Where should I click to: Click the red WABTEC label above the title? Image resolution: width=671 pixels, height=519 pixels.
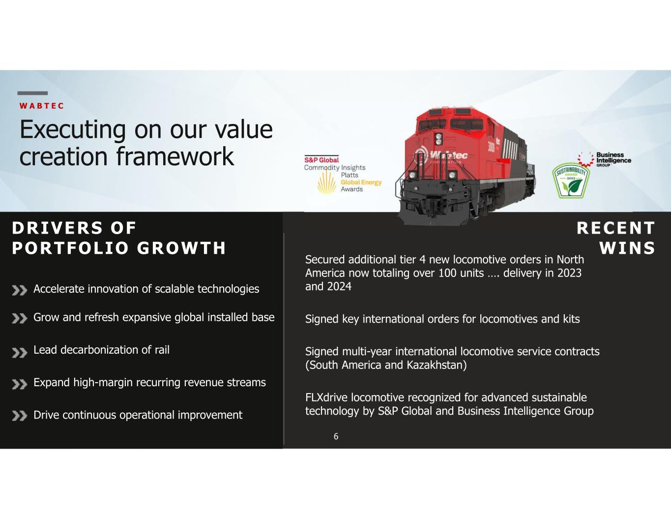41,106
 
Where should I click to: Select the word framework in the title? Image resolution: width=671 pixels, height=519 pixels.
175,156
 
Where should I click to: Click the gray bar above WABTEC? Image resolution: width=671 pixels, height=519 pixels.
32,93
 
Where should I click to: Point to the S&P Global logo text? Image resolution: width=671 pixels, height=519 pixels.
321,160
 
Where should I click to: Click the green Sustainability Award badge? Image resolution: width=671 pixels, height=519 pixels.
571,181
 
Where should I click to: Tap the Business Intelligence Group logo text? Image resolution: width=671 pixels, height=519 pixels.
613,159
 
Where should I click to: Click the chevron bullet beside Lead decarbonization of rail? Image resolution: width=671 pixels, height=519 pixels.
20,353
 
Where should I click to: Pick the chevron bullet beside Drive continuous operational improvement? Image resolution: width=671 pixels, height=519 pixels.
20,416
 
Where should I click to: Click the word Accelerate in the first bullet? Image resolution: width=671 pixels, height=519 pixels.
58,289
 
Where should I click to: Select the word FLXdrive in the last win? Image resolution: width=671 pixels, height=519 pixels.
326,397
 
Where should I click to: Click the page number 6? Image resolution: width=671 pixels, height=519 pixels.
336,436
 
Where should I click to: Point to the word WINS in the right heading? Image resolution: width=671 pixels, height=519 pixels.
627,248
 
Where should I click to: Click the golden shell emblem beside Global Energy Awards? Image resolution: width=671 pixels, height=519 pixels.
326,183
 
